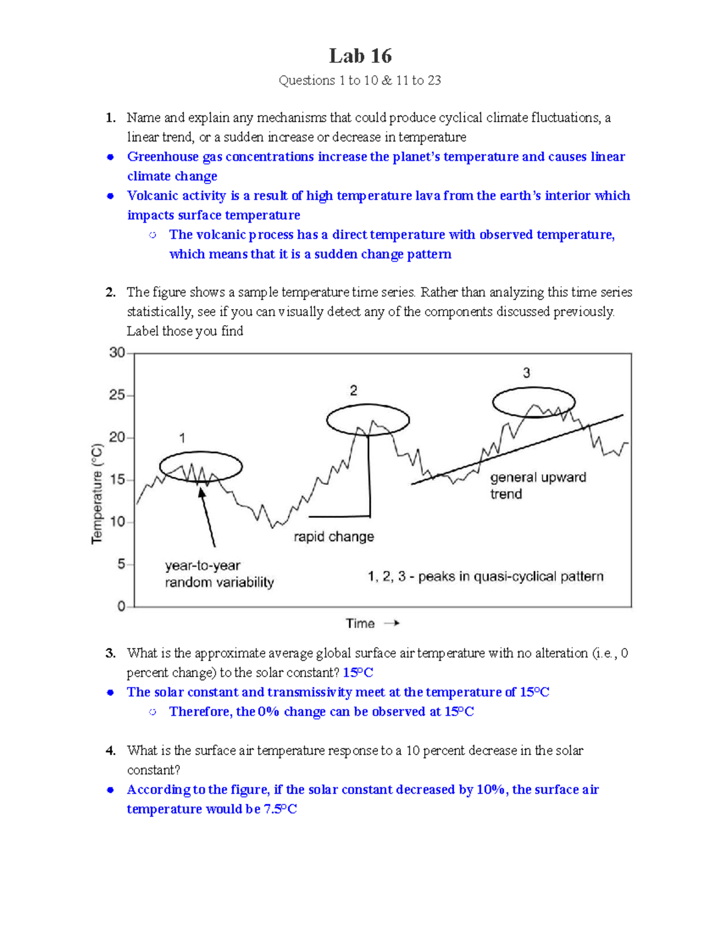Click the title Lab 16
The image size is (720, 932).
(x=360, y=56)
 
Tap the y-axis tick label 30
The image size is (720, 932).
(x=116, y=352)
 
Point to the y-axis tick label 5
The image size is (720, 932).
(x=121, y=564)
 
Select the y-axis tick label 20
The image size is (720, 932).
(x=116, y=437)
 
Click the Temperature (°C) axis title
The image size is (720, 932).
(x=97, y=494)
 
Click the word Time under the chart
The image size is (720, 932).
(x=360, y=624)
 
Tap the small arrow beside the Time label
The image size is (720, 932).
(x=392, y=624)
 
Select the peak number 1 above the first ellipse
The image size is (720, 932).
(x=182, y=439)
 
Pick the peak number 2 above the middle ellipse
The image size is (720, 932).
(x=353, y=391)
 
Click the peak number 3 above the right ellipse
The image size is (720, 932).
(x=526, y=373)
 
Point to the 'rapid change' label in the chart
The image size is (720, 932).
(x=334, y=537)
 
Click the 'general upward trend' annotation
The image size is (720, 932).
(x=537, y=486)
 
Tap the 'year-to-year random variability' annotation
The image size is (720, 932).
(x=219, y=574)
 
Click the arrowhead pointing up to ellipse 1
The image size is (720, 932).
(x=202, y=492)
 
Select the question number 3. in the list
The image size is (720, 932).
(x=110, y=653)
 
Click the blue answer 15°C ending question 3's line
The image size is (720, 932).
(x=358, y=673)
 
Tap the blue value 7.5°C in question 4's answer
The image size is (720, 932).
(x=280, y=809)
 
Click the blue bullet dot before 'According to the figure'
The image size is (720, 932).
(x=110, y=790)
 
